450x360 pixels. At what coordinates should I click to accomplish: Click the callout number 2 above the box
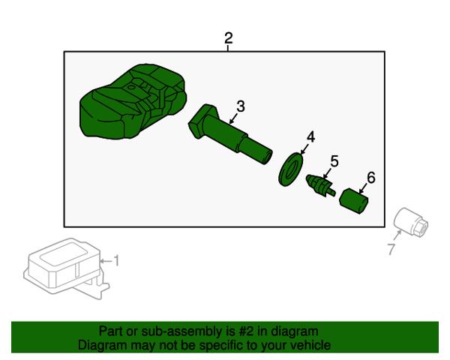point(229,38)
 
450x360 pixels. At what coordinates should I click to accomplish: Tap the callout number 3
point(241,106)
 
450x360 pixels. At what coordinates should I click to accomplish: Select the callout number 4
point(310,137)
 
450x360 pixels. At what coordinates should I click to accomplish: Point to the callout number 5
point(334,161)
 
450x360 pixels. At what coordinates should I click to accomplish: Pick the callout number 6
point(370,178)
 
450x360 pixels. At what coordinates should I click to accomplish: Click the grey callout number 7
point(391,249)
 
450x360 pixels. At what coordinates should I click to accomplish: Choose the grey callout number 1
point(116,261)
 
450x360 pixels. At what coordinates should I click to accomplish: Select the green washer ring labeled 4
point(290,170)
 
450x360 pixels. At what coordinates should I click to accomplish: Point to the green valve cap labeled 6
point(354,201)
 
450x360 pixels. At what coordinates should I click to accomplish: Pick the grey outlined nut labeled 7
point(411,222)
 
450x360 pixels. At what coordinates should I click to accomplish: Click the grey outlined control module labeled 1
point(66,268)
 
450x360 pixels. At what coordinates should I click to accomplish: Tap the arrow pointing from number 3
point(233,118)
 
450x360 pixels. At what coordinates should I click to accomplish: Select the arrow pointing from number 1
point(106,261)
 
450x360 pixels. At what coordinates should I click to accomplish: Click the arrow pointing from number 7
point(397,236)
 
